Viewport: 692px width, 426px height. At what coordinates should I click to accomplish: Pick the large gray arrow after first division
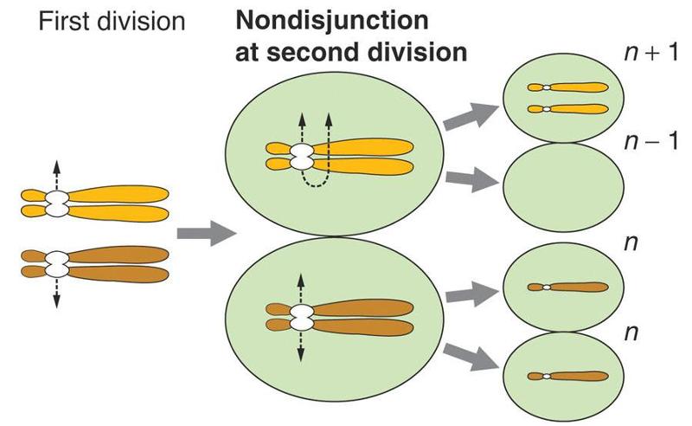[206, 233]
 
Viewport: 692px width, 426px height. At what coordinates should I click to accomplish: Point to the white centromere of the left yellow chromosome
[56, 204]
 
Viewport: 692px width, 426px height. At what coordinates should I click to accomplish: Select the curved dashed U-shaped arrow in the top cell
[315, 177]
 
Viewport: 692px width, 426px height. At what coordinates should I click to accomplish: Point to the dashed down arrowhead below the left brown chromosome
[56, 301]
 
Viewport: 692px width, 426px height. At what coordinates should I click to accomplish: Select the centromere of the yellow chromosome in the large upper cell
[302, 157]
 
